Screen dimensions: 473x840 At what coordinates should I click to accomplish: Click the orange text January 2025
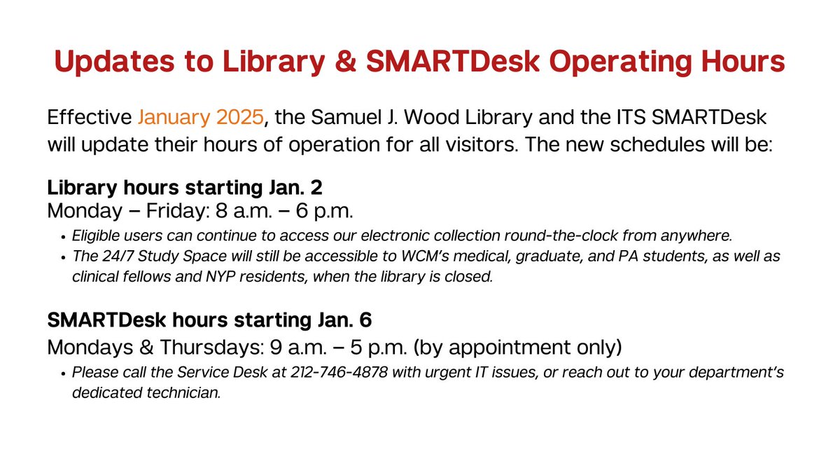coord(201,117)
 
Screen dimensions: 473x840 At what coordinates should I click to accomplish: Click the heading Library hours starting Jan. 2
coord(184,188)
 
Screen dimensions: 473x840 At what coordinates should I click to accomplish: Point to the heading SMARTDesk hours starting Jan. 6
coord(209,320)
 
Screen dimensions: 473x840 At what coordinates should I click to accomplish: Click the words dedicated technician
coord(146,392)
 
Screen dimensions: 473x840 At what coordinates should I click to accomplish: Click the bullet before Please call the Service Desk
coord(62,373)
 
